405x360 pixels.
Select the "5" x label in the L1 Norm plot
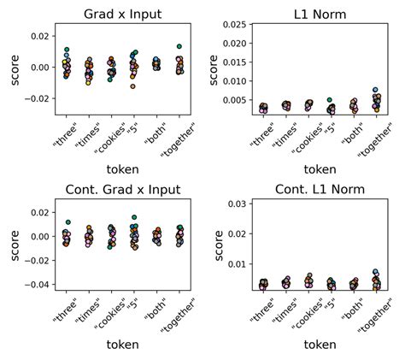click(328, 129)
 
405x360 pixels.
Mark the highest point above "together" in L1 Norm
click(375, 90)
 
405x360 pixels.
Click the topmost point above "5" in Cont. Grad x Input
click(133, 218)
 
